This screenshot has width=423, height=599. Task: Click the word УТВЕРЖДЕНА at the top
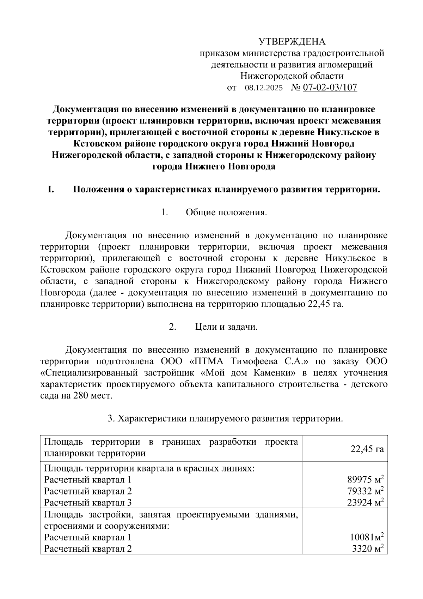click(x=292, y=42)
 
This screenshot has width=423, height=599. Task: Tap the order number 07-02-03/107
click(x=330, y=88)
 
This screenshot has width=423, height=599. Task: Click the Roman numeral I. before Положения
click(x=51, y=190)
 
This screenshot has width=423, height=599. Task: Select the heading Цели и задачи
click(x=226, y=327)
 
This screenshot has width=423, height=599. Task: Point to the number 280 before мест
click(x=81, y=396)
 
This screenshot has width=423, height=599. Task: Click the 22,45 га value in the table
click(x=367, y=449)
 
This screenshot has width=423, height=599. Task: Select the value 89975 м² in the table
click(x=365, y=480)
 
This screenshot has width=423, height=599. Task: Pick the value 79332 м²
click(x=365, y=491)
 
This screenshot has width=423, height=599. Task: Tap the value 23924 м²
click(x=365, y=502)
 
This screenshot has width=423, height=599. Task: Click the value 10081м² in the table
click(x=367, y=538)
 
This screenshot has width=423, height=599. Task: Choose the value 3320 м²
click(x=368, y=549)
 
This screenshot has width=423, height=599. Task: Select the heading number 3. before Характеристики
click(x=111, y=419)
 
